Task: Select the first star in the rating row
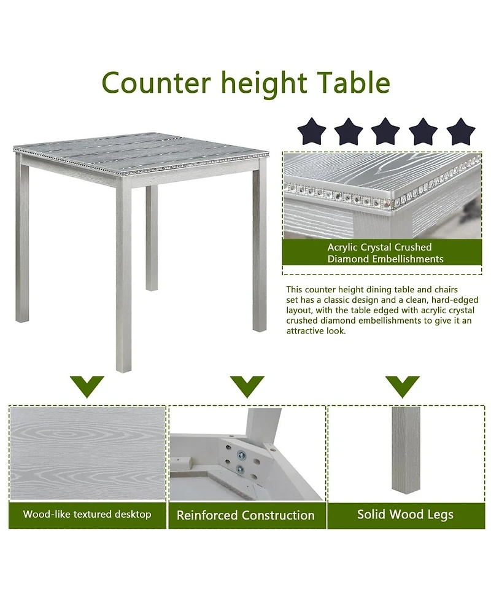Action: coord(312,131)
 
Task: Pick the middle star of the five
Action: coord(386,131)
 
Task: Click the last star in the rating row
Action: coord(460,131)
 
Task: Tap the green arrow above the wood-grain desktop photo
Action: coord(87,386)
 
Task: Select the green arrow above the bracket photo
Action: coord(247,386)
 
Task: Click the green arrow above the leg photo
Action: coord(402,386)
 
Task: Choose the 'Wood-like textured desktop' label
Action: coord(87,514)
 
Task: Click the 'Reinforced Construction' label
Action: coord(245,515)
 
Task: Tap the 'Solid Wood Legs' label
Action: coord(405,514)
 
